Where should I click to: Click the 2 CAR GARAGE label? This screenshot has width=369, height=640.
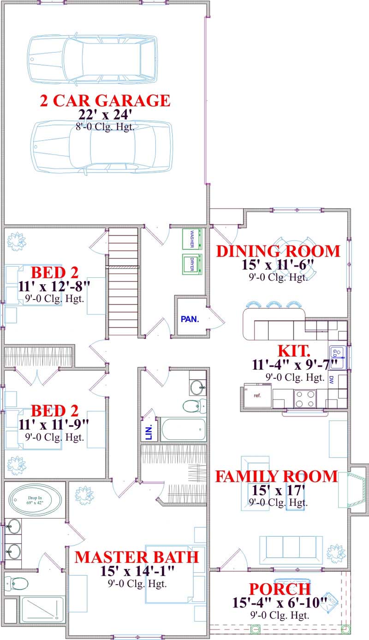click(x=105, y=101)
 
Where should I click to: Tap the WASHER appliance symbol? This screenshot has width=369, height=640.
click(x=192, y=239)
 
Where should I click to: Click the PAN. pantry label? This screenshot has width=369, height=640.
click(x=190, y=319)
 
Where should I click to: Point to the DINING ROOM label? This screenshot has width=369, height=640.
click(x=278, y=251)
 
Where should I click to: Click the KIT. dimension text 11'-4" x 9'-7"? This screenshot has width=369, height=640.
click(x=295, y=365)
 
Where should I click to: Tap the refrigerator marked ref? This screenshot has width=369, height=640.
click(x=257, y=396)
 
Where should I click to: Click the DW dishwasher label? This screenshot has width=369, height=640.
click(x=331, y=380)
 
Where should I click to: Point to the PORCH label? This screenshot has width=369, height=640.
click(x=280, y=589)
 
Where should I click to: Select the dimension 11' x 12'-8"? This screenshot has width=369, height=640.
click(x=54, y=286)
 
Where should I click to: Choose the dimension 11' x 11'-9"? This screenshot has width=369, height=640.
click(x=54, y=424)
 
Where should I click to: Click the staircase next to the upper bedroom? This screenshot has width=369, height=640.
click(x=123, y=281)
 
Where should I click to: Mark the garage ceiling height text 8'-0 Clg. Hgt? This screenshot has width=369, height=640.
click(x=105, y=127)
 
